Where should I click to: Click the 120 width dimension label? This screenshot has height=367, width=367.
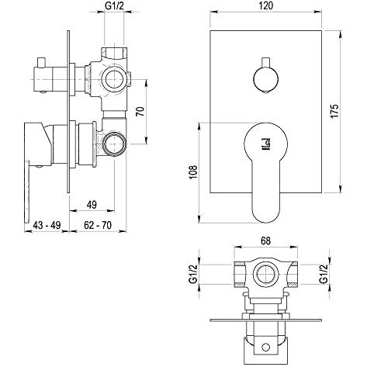(265, 5)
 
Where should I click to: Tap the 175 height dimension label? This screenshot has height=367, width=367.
(335, 111)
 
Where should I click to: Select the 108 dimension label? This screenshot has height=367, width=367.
(194, 171)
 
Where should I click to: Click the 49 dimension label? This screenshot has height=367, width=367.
(92, 205)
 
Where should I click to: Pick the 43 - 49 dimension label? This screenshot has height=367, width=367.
(47, 225)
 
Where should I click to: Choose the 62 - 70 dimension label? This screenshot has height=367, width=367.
(98, 225)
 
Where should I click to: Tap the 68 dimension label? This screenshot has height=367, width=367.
(265, 241)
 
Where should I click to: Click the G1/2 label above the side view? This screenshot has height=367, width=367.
(114, 5)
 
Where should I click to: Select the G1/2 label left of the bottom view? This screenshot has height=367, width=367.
(194, 274)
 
